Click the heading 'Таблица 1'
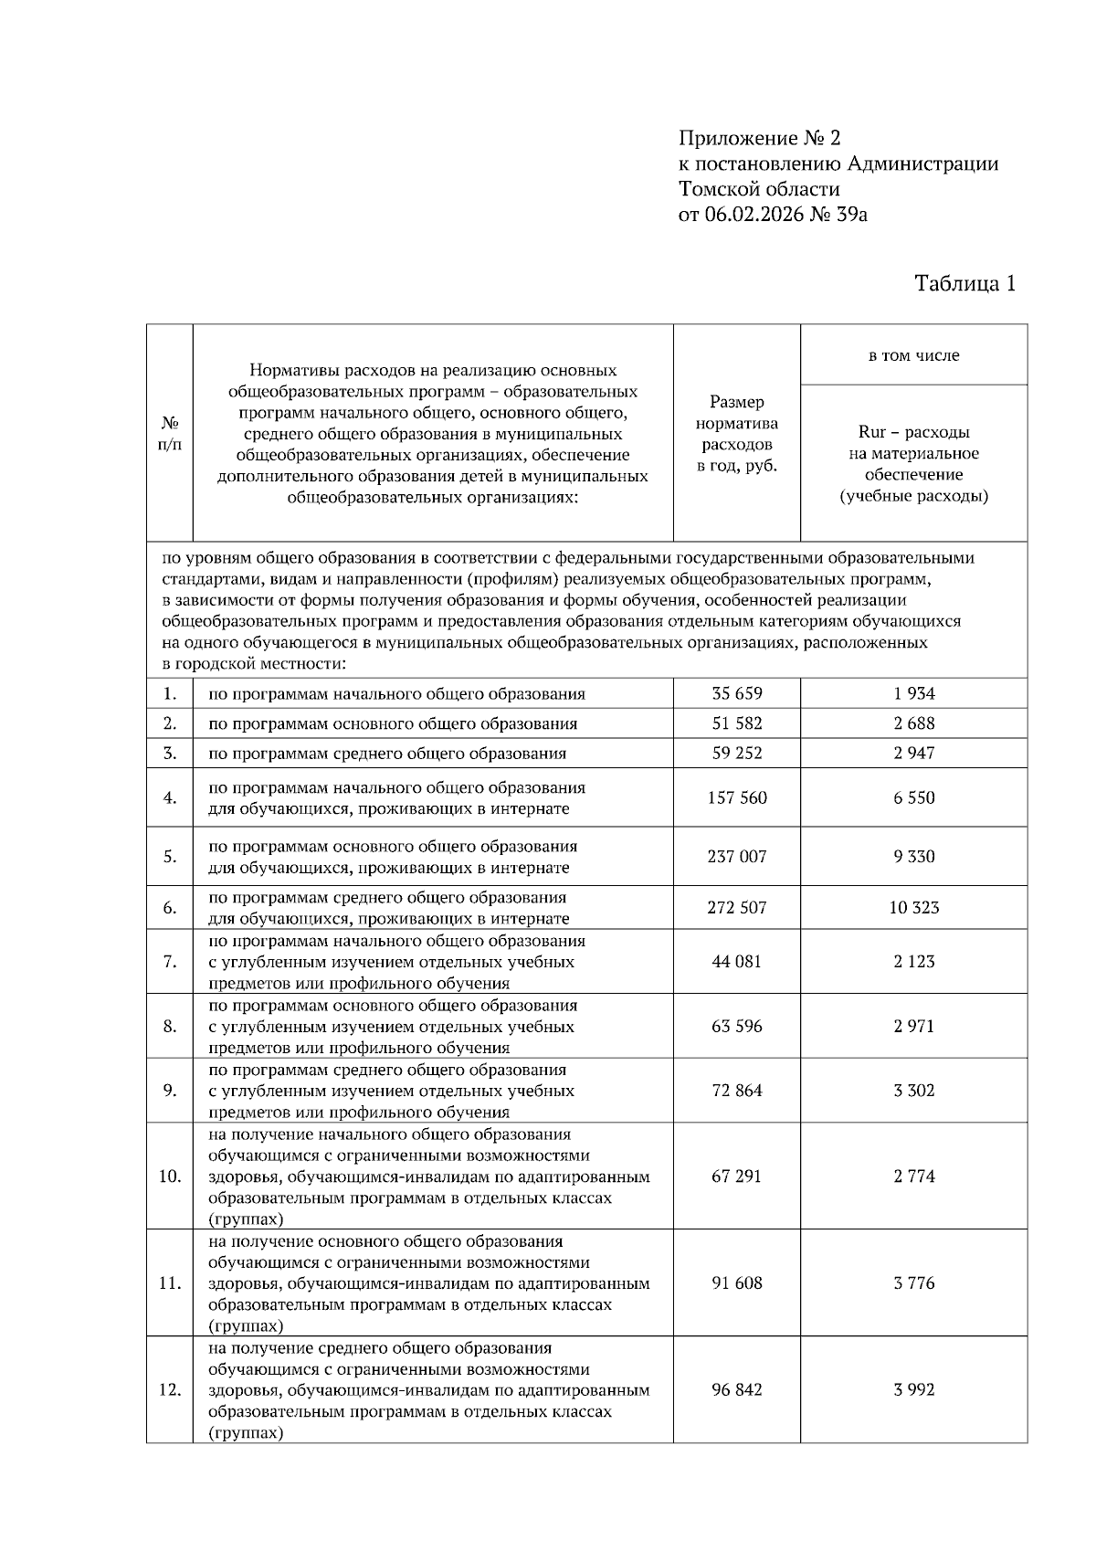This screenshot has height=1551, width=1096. [x=964, y=283]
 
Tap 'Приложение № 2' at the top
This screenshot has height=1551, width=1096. [x=758, y=138]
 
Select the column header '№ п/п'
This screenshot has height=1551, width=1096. [x=170, y=434]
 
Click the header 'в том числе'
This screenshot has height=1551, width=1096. [x=913, y=355]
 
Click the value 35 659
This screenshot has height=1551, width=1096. [x=736, y=693]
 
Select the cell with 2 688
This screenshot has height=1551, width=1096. [x=913, y=723]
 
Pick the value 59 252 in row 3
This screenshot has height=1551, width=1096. [x=736, y=754]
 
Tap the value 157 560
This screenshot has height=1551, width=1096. [x=736, y=797]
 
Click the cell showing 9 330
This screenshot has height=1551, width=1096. [x=913, y=857]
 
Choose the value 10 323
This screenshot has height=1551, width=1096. [x=913, y=908]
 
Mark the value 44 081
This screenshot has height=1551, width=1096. [x=736, y=962]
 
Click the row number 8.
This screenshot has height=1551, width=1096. [x=170, y=1027]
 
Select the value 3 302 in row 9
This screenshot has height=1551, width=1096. [x=913, y=1091]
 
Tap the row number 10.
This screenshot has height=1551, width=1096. [x=170, y=1176]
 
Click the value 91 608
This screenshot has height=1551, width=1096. [x=736, y=1283]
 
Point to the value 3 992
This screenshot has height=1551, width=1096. [x=913, y=1390]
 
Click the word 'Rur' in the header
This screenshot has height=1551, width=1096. [x=871, y=432]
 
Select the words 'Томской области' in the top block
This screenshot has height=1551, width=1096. [x=758, y=189]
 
